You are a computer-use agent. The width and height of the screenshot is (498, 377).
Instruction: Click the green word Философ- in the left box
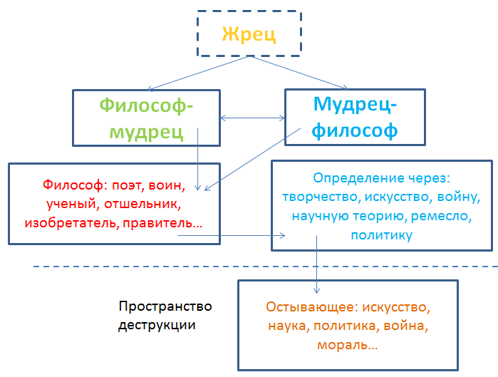point(146,105)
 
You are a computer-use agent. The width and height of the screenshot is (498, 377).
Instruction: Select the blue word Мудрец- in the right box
point(356,105)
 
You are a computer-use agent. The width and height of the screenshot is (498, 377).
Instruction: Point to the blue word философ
point(355,130)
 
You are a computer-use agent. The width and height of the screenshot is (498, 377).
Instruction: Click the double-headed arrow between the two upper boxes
point(253,118)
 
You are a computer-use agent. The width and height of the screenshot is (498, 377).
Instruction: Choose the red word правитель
point(162,223)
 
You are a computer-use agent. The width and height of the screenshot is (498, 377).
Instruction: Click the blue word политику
point(381,234)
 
